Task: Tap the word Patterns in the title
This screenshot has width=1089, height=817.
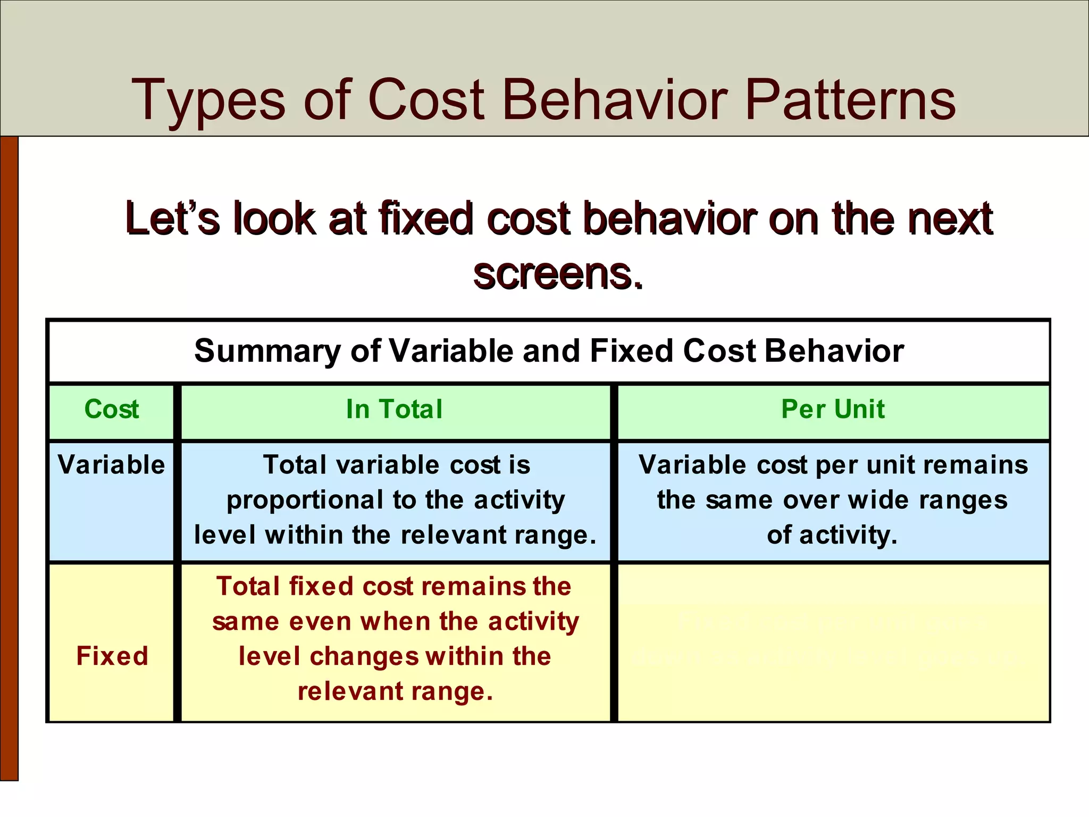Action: [850, 100]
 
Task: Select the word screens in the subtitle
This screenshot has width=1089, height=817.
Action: [558, 274]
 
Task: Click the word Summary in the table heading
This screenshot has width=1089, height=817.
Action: [268, 351]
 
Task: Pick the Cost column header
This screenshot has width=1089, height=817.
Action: [112, 410]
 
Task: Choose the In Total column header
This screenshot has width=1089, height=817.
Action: [394, 410]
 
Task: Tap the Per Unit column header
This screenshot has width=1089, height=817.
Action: [833, 410]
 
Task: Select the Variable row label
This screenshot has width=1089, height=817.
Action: [112, 465]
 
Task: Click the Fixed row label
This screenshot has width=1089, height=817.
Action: [112, 656]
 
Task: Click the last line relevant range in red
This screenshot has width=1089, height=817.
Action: [395, 691]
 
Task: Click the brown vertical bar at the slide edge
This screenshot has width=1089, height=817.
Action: [9, 457]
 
